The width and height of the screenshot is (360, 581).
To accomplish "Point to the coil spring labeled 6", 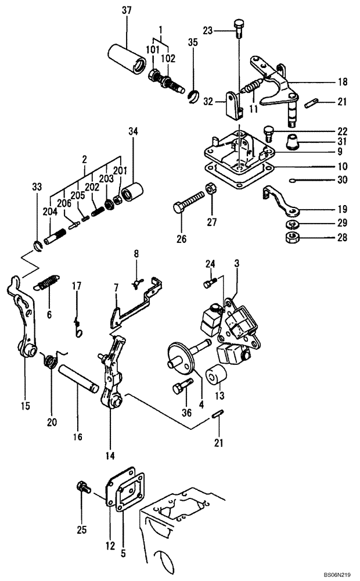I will pyautogui.click(x=47, y=283).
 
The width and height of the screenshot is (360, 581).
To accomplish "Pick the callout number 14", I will pyautogui.click(x=110, y=456).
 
